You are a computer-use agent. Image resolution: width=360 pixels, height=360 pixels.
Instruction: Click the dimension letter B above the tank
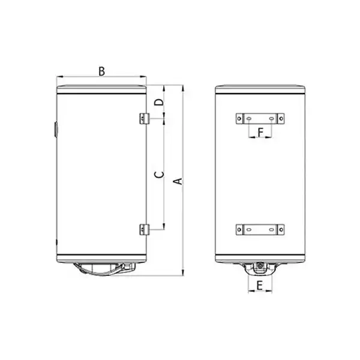pyautogui.click(x=101, y=71)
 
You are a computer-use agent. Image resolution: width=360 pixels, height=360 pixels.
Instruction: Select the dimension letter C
pyautogui.click(x=158, y=175)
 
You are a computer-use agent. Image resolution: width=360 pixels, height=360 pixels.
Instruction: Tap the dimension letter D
pyautogui.click(x=158, y=103)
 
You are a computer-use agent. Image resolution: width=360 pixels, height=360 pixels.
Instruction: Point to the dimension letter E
pyautogui.click(x=260, y=286)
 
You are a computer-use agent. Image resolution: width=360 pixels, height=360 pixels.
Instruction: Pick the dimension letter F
pyautogui.click(x=260, y=131)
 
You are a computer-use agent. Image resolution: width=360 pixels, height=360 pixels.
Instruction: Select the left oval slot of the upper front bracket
pyautogui.click(x=249, y=119)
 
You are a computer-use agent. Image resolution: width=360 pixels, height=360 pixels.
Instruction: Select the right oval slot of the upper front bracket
pyautogui.click(x=271, y=119)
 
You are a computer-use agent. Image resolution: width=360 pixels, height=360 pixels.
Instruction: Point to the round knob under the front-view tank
pyautogui.click(x=260, y=266)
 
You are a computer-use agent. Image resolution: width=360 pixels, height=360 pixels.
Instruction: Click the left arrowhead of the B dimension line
pyautogui.click(x=58, y=77)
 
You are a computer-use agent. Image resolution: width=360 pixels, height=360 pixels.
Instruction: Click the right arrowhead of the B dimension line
pyautogui.click(x=145, y=77)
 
